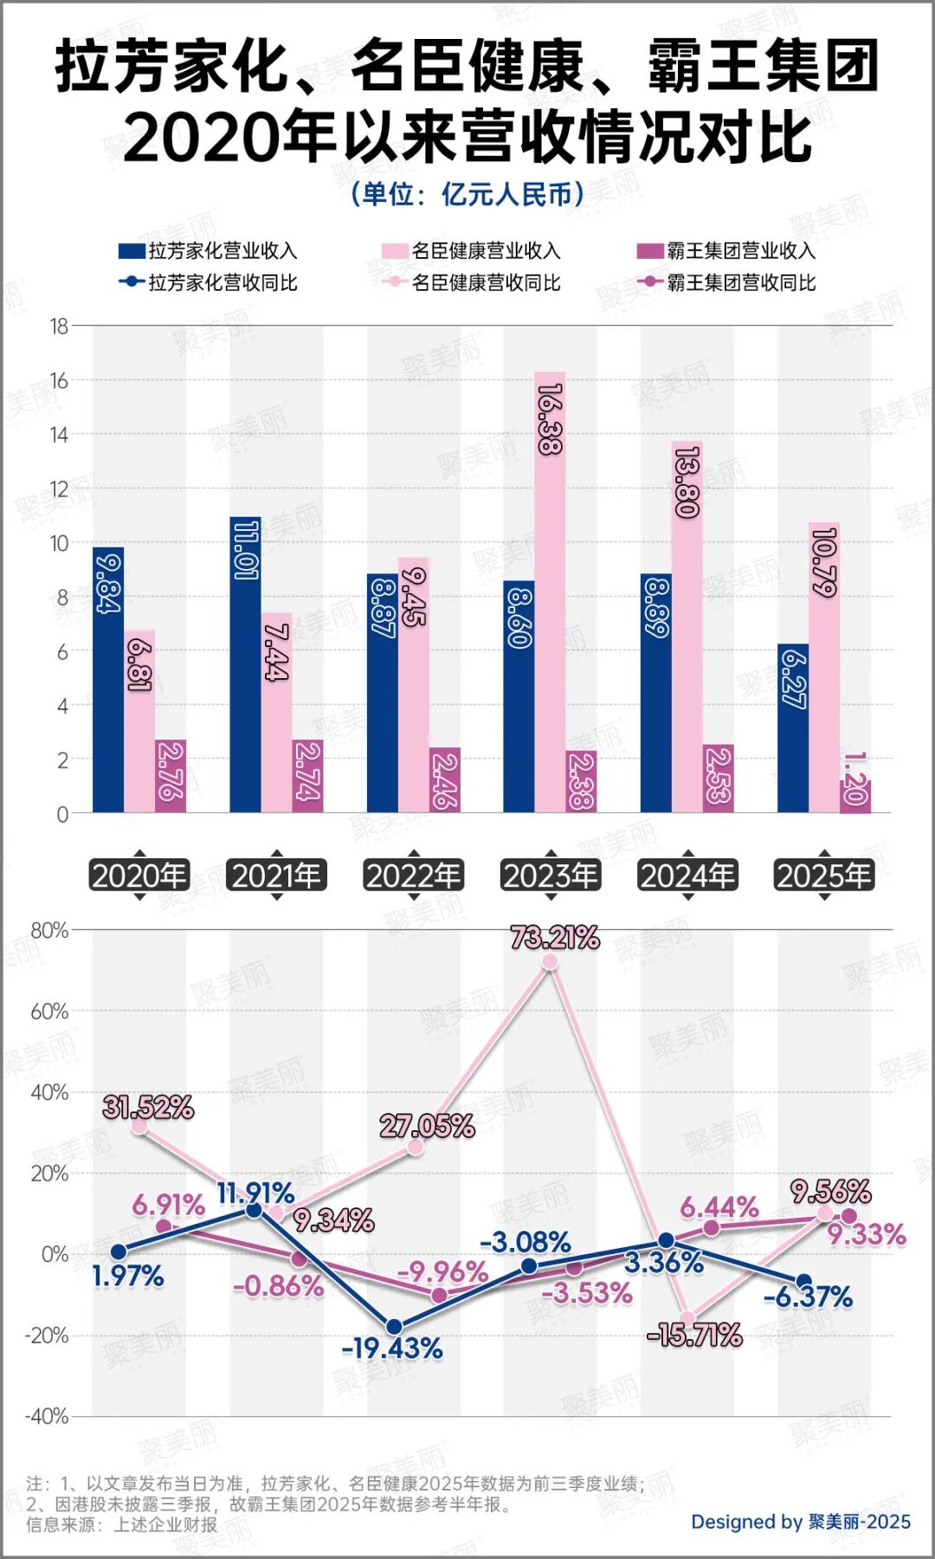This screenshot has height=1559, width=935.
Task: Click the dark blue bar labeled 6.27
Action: coord(792,728)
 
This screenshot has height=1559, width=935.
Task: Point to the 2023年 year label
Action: coord(551,876)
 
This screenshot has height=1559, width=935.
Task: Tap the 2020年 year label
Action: coord(139,876)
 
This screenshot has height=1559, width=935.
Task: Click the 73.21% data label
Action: coord(555,937)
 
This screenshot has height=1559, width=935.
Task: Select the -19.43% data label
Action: coord(392,1349)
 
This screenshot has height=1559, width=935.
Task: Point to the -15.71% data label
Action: coord(694,1335)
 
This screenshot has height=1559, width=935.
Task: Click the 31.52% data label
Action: coord(148,1107)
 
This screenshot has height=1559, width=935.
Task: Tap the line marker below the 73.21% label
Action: coord(550,961)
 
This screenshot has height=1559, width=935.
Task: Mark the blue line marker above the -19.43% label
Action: coord(394,1327)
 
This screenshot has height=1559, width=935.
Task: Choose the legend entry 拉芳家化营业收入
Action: coord(209,251)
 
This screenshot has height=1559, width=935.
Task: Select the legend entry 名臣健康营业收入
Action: coord(472,251)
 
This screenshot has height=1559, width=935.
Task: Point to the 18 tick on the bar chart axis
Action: coord(59,327)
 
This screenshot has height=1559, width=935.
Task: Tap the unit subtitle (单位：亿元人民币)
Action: coord(467,194)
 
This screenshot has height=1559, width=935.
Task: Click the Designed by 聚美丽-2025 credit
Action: coord(800,1522)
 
